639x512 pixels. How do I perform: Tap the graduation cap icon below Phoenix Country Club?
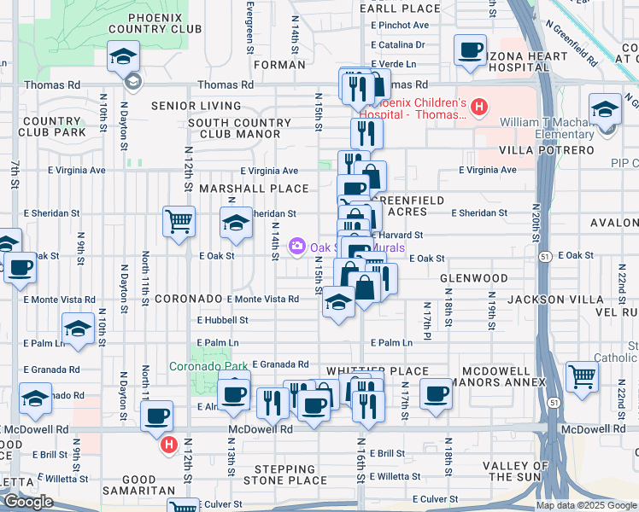click(x=123, y=58)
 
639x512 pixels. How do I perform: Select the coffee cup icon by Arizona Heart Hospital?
click(x=469, y=50)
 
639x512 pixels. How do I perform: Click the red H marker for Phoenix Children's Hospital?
click(x=479, y=108)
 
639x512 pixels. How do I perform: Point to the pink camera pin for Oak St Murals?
click(x=297, y=247)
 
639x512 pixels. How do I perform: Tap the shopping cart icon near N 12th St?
click(x=179, y=222)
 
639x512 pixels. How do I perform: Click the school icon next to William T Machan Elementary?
click(x=605, y=111)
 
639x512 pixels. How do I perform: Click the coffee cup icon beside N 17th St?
click(x=436, y=394)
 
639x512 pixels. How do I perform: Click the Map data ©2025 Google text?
click(x=584, y=505)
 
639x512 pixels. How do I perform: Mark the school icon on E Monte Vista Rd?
click(x=338, y=302)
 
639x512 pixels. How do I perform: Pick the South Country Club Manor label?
click(x=240, y=129)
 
